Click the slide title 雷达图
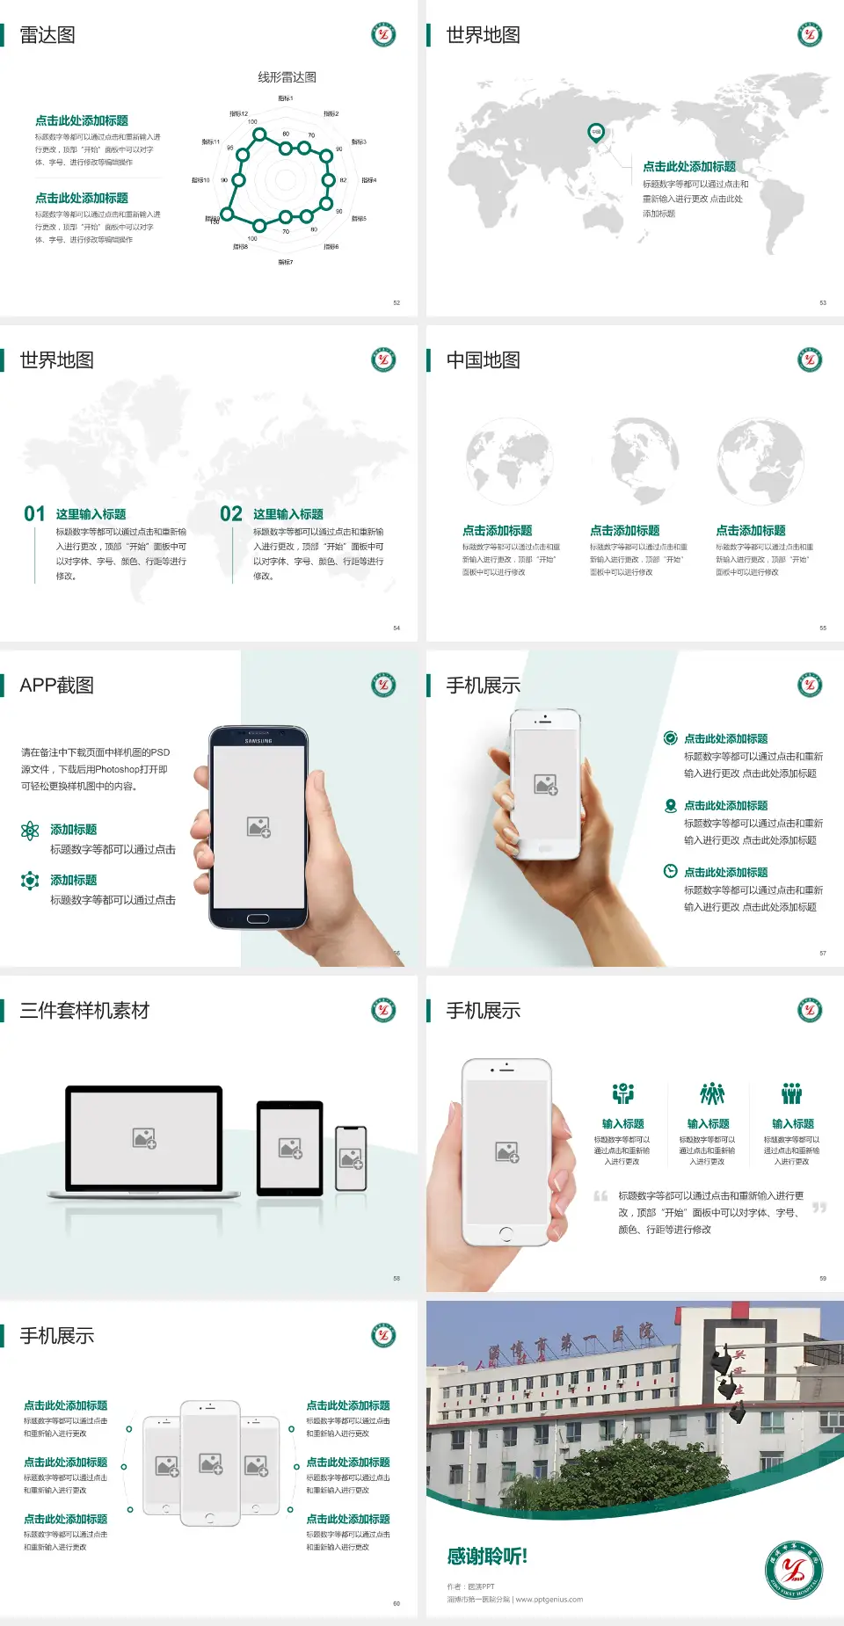[x=47, y=35]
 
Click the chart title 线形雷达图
[x=287, y=77]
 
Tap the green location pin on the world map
[x=595, y=132]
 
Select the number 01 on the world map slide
[x=34, y=514]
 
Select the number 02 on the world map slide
[x=231, y=514]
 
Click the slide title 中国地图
[x=483, y=360]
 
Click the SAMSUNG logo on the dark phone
[x=258, y=741]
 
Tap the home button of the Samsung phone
[x=258, y=918]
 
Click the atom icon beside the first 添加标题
[x=30, y=831]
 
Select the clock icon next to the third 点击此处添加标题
[x=670, y=871]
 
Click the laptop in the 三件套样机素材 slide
[x=144, y=1141]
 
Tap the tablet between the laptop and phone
[x=290, y=1148]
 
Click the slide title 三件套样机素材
[x=84, y=1011]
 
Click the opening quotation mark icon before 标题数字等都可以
[x=600, y=1196]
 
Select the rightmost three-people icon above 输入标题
[x=792, y=1093]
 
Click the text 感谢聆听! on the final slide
[x=487, y=1557]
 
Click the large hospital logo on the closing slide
[x=793, y=1569]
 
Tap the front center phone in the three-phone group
[x=210, y=1463]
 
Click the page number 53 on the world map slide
[x=823, y=302]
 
